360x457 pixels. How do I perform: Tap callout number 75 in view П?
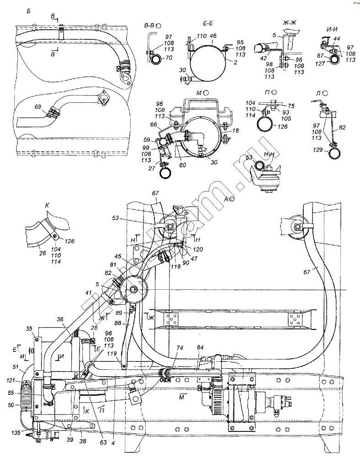pos(291,105)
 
